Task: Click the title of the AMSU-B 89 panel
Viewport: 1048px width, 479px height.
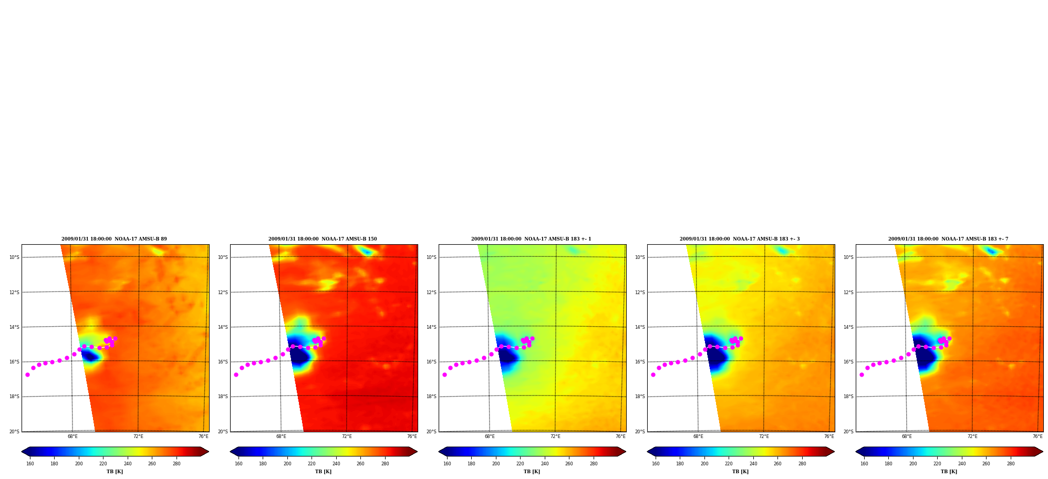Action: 114,239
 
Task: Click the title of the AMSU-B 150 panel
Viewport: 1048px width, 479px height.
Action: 323,239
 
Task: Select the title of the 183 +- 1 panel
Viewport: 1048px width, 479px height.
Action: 531,239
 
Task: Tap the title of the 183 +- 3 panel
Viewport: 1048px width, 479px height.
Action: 740,239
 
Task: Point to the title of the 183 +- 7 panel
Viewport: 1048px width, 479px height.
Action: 948,239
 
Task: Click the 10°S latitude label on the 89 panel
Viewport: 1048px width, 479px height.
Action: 14,257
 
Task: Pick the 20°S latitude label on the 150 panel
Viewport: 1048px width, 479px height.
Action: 223,432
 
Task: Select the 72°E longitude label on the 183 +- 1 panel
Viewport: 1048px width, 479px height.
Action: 555,436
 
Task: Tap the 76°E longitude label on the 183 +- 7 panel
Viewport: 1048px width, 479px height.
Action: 1037,436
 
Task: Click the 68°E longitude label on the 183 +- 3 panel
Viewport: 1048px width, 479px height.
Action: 698,436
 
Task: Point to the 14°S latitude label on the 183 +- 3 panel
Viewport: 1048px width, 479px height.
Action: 640,327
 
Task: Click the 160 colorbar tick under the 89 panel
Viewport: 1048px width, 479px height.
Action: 30,464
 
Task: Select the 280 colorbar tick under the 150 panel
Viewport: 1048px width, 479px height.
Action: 385,464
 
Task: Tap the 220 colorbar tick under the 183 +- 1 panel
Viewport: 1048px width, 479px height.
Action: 520,464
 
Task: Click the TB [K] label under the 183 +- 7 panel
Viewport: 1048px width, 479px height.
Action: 949,472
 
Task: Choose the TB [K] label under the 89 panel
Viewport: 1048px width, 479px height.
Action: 115,472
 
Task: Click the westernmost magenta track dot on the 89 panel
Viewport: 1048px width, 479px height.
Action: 27,374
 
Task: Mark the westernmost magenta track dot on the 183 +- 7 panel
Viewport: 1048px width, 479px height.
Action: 862,374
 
